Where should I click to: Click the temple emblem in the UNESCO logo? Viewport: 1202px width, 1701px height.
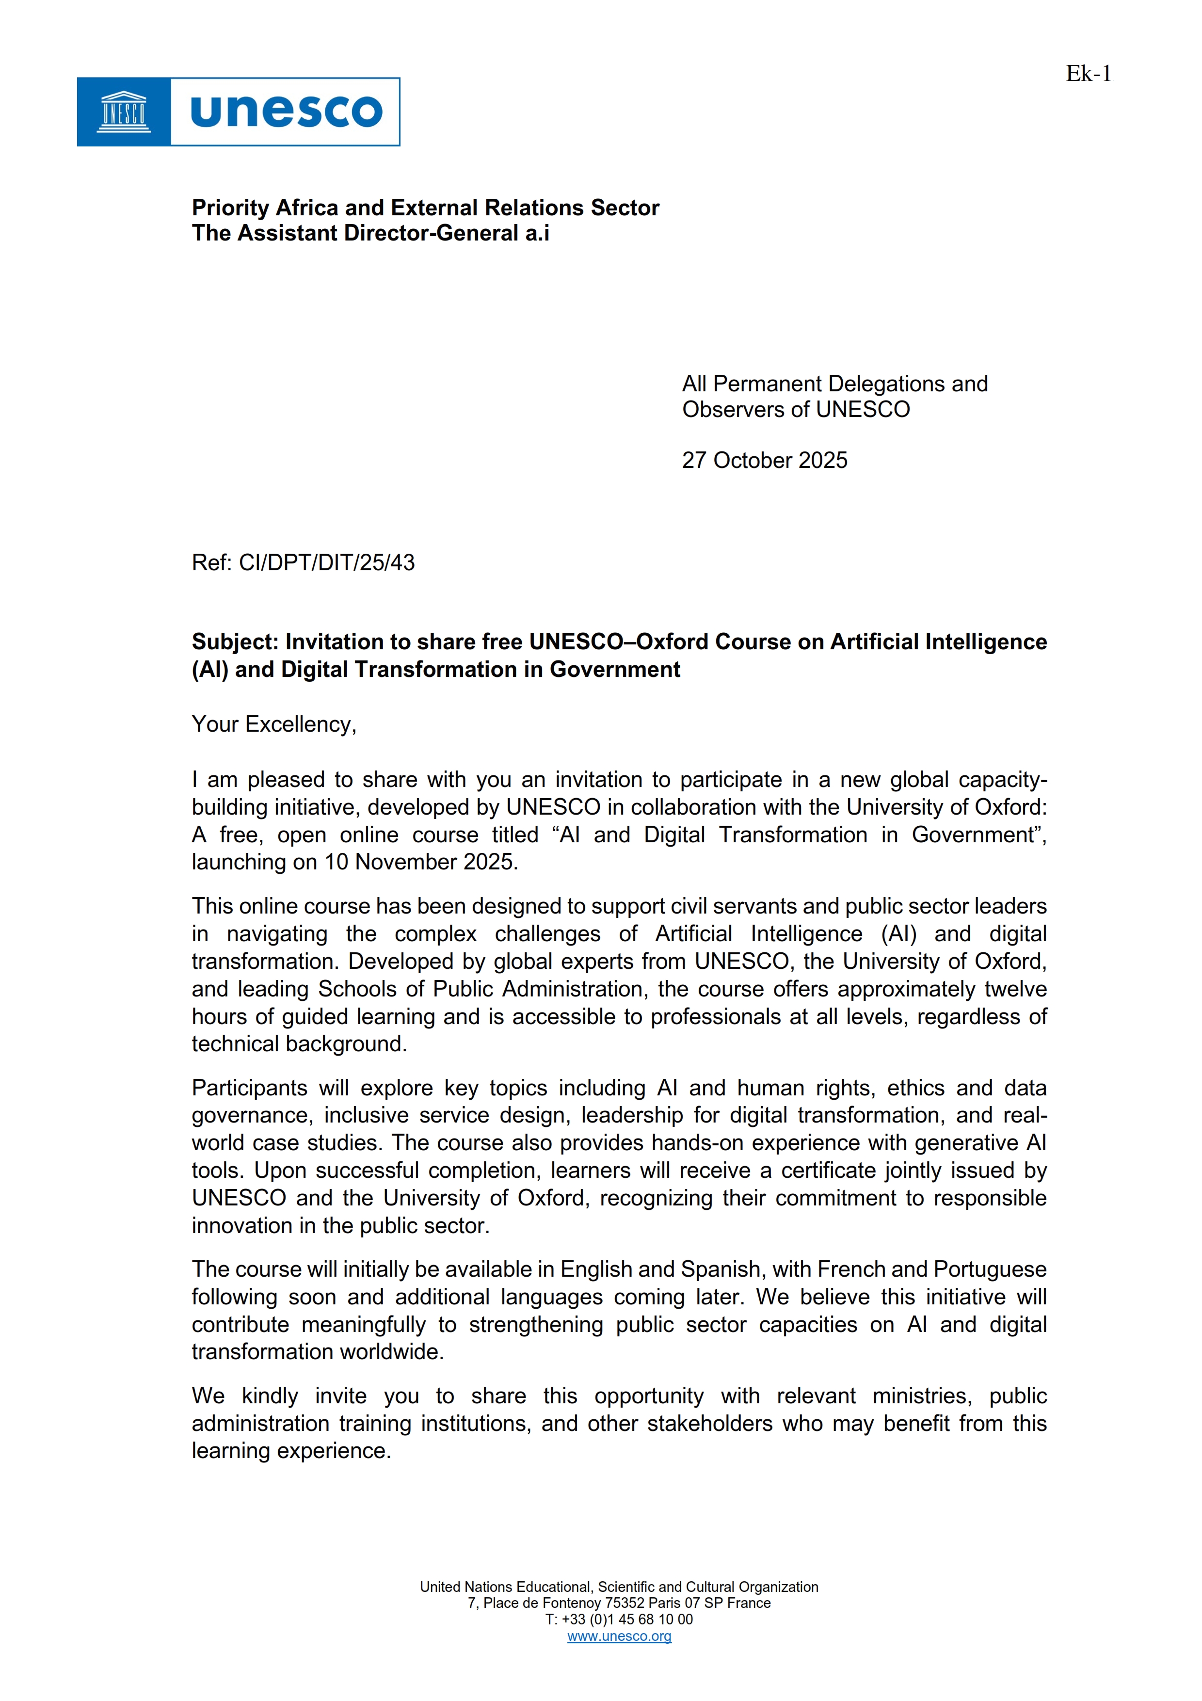point(124,112)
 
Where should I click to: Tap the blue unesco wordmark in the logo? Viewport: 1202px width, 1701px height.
point(286,112)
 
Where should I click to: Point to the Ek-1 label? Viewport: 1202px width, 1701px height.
point(1088,73)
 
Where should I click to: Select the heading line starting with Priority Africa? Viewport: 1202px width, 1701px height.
point(425,208)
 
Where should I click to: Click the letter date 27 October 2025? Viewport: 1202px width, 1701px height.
point(764,460)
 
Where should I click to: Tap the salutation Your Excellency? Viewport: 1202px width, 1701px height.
point(274,724)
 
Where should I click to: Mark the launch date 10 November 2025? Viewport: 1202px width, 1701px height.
point(420,862)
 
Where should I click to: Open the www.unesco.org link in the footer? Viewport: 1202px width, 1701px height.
point(619,1637)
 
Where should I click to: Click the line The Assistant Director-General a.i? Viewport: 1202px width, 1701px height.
point(370,233)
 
